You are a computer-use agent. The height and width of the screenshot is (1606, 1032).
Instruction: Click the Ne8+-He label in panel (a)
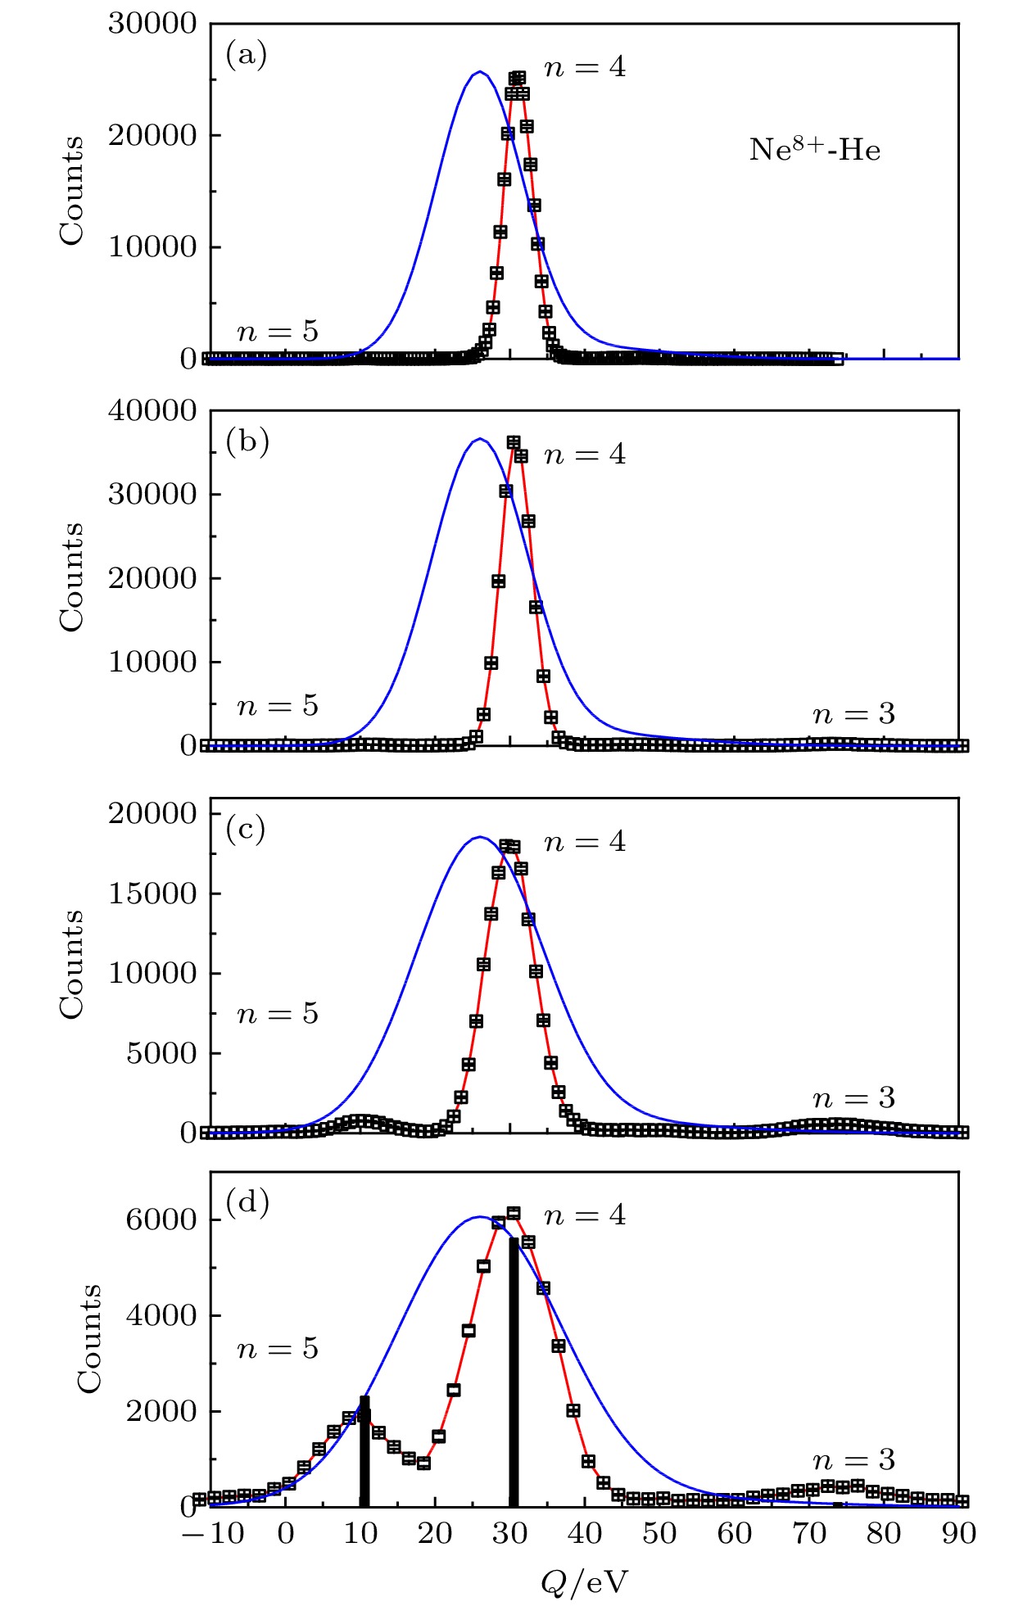tap(814, 150)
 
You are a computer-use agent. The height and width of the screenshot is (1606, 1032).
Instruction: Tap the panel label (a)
tap(246, 56)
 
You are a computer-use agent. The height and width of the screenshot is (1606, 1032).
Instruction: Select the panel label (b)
tap(247, 442)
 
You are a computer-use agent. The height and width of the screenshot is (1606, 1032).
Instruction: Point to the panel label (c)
tap(246, 830)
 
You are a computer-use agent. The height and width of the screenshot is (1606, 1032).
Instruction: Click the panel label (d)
tap(247, 1202)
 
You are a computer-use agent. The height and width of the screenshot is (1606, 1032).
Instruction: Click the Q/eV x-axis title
tap(584, 1582)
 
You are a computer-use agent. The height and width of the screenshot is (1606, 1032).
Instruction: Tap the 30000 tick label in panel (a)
tap(153, 24)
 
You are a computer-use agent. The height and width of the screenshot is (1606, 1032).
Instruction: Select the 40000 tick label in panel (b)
tap(153, 410)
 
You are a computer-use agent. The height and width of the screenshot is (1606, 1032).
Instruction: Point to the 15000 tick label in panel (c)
tap(153, 893)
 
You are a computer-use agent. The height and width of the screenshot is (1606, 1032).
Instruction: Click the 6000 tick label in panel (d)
tap(161, 1219)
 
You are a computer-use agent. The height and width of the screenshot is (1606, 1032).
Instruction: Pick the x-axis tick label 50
tap(659, 1533)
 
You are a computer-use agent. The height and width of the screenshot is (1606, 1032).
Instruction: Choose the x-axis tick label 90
tap(958, 1533)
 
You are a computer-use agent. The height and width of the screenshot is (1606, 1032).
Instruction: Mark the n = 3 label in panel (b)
tap(853, 714)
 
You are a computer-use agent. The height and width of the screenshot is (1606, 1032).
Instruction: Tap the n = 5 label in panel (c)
tap(278, 1014)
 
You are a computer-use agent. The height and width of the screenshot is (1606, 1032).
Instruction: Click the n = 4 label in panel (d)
tap(585, 1215)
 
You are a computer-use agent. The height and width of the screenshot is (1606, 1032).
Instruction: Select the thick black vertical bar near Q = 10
tap(364, 1451)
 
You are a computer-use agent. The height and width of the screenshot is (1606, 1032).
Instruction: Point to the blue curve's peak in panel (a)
tap(480, 72)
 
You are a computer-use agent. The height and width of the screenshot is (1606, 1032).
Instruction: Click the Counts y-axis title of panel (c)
tap(72, 965)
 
